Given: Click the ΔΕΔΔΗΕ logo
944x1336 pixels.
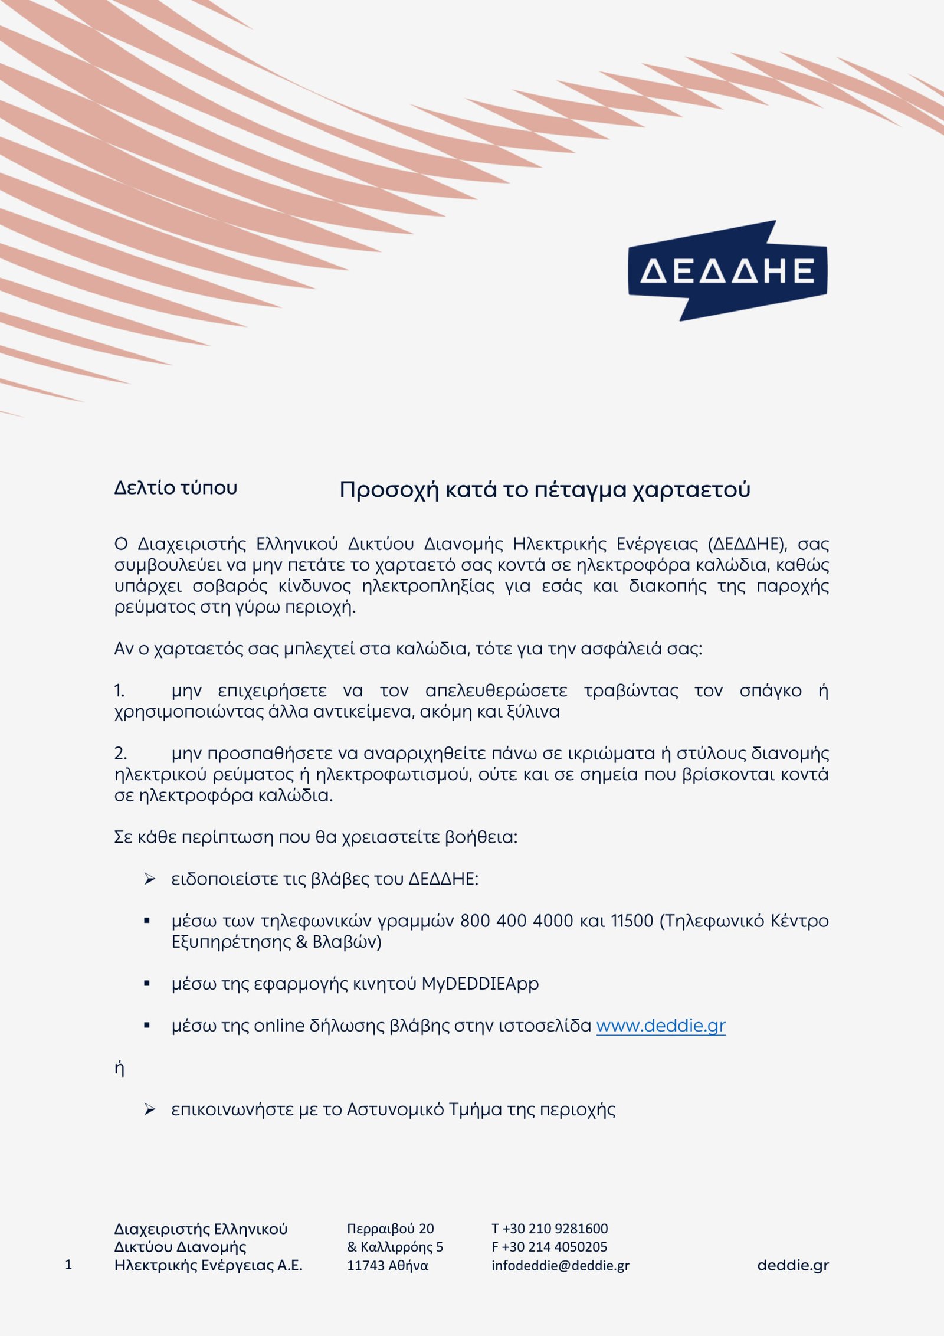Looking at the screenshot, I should [727, 271].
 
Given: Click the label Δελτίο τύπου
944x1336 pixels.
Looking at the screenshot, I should [175, 488].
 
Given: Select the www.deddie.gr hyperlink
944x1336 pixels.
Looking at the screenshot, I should [660, 1026].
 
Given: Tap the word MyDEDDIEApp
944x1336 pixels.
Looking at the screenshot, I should [480, 984].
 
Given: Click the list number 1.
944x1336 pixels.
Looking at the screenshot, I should [119, 690].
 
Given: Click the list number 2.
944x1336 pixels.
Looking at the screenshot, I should [120, 754].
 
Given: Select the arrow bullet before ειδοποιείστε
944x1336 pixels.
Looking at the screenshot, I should [149, 879].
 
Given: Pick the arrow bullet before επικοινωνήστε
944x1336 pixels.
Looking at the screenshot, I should [149, 1109].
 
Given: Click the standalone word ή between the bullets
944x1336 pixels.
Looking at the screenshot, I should [119, 1068].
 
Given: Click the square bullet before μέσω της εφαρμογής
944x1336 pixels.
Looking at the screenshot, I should [147, 984].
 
